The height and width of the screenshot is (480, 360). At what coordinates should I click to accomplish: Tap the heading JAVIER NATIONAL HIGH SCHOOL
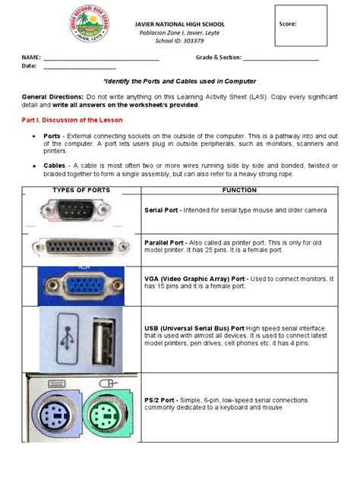click(x=179, y=24)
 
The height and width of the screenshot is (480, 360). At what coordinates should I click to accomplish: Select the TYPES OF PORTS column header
click(x=81, y=190)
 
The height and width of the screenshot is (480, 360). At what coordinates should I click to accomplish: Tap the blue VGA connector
click(x=85, y=284)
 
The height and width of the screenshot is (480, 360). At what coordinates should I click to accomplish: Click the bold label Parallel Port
click(x=165, y=238)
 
